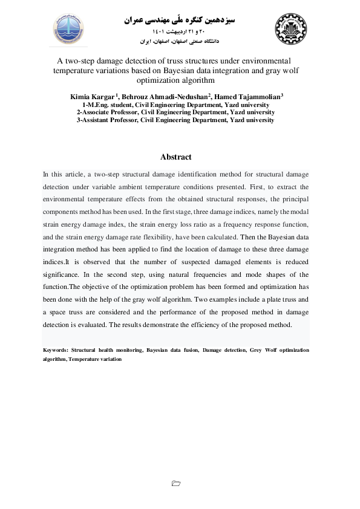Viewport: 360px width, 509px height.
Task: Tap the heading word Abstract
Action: [x=176, y=157]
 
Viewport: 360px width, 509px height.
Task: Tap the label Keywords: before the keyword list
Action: [x=55, y=350]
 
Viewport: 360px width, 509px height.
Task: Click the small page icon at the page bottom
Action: [x=176, y=483]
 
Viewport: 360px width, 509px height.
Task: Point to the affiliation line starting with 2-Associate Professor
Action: [x=175, y=112]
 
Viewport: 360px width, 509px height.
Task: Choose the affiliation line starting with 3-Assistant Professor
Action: [x=175, y=120]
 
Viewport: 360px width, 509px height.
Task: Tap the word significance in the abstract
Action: [x=61, y=274]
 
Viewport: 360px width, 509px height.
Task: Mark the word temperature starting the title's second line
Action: [x=76, y=70]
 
